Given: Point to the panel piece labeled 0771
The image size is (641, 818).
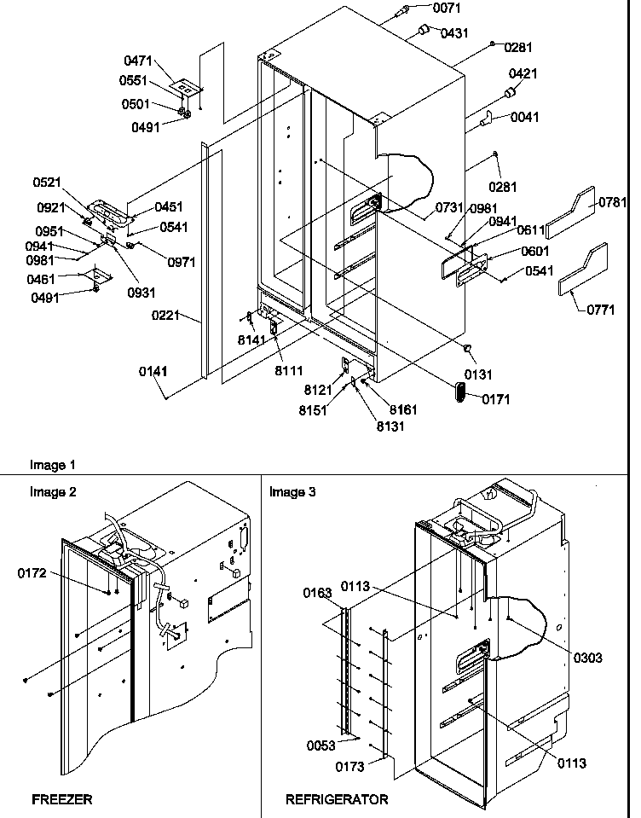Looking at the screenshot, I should point(583,279).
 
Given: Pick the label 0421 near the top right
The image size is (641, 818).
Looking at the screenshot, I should point(523,74).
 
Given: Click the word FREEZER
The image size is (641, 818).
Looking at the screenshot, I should point(61,800).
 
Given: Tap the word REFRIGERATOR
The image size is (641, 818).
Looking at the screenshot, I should point(337,800).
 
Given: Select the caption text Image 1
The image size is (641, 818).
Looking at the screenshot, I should point(53,466).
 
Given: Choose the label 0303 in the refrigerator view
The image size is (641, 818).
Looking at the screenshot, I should point(586,658).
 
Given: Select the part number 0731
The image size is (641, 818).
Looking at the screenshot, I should point(449,207).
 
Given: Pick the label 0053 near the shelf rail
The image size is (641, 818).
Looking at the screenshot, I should point(320,745).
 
